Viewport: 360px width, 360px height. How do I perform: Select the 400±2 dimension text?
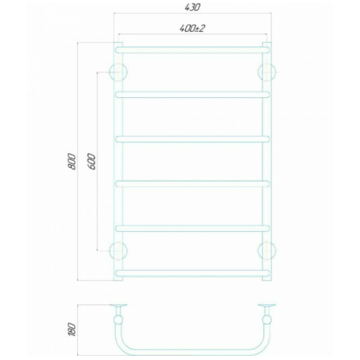tap(191, 28)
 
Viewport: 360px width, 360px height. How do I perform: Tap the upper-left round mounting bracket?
tap(117, 71)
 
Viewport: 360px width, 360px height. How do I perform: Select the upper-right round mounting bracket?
tap(266, 71)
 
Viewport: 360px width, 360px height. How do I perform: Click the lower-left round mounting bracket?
tap(117, 250)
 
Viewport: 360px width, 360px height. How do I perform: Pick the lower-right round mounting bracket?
tap(266, 250)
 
